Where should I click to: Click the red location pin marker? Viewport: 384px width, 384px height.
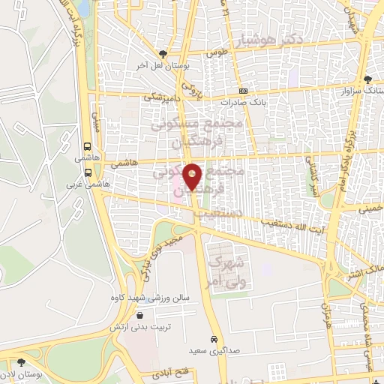pos(193,175)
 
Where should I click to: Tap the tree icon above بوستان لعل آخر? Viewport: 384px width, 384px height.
pos(163,53)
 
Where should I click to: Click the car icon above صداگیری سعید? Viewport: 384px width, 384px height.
pos(214,338)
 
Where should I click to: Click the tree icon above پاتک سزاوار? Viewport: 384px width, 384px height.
pos(367,79)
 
